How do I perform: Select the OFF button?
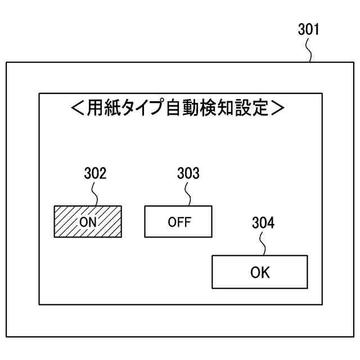pos(179,222)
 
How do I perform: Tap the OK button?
pos(260,272)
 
